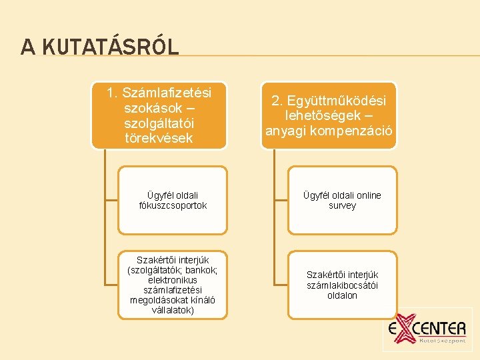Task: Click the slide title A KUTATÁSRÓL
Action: tap(100, 47)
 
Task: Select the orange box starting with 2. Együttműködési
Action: tap(329, 115)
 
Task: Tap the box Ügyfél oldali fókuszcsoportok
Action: tap(173, 201)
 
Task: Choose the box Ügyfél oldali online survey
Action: tap(342, 201)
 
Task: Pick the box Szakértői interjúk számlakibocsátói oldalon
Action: tap(342, 285)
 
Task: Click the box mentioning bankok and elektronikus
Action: tap(173, 285)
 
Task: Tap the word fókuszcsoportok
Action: tap(173, 206)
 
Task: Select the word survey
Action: tap(342, 206)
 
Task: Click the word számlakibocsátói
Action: tap(342, 285)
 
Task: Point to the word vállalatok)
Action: tap(173, 311)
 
